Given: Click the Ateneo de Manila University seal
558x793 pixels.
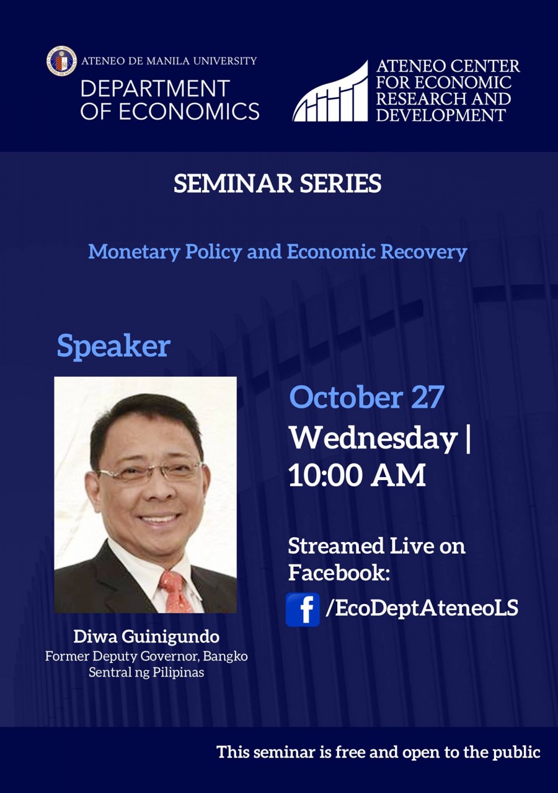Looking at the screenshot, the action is (61, 61).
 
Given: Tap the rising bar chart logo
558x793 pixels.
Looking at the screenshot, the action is (330, 91).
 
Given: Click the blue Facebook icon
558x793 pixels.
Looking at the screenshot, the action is (303, 610).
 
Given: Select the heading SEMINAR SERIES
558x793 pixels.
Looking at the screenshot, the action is (277, 183).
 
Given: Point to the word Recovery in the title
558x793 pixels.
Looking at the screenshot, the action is (423, 253).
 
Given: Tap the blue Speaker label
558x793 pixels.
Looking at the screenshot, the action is (113, 346).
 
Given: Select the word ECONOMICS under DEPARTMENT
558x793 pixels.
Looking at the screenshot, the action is (188, 112).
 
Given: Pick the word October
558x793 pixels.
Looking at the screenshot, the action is (346, 397).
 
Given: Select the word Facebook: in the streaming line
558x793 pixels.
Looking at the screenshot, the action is (339, 572).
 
